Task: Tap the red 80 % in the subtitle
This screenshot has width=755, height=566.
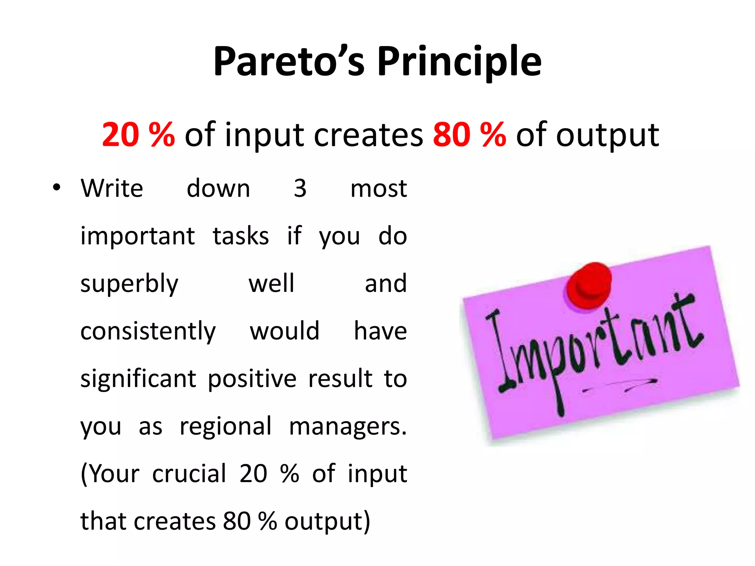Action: pos(469,135)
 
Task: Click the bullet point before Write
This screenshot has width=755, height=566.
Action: pos(56,188)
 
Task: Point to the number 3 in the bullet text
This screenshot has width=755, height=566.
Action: pos(300,188)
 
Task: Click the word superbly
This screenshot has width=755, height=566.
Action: pos(129,284)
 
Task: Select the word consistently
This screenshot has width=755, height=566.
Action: pos(148,331)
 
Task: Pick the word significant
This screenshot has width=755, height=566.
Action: pos(138,379)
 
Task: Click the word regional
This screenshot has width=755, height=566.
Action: pos(226,427)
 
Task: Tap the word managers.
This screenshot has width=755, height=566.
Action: pos(347,427)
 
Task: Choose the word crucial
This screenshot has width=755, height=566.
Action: pos(189,474)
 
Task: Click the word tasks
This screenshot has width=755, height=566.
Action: pos(241,236)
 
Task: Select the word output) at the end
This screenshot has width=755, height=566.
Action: pos(327,521)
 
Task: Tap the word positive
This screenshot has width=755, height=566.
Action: pos(252,379)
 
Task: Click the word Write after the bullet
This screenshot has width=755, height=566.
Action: pos(112,188)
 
